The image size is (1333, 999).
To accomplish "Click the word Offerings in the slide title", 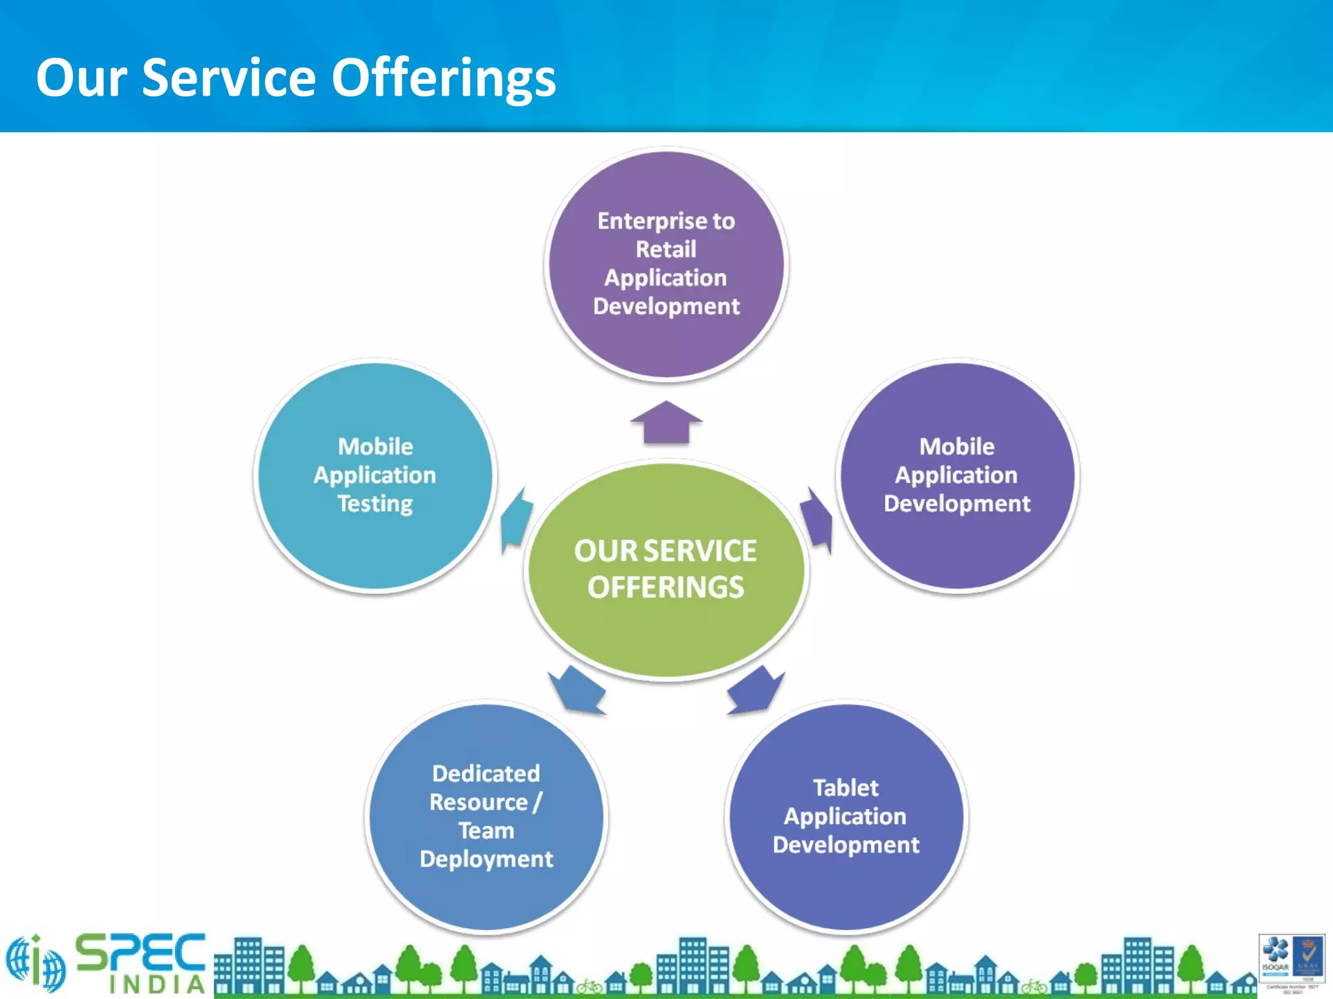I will pos(444,78).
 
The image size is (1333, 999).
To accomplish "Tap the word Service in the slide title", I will pos(228,78).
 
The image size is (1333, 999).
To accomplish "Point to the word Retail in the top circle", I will pos(666,249).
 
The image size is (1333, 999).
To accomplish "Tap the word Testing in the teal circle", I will pos(375,504).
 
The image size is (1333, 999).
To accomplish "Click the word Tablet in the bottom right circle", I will pos(845,788).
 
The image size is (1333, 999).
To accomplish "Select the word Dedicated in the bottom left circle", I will pos(486,773).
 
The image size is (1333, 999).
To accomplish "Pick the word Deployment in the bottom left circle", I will pos(486,859).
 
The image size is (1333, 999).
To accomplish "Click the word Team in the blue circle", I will pos(486,831).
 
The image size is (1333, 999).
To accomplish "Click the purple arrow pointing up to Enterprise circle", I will pos(666,423).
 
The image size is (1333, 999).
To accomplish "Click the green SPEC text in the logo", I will pos(141,953).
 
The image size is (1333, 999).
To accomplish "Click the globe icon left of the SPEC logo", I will pos(36,964).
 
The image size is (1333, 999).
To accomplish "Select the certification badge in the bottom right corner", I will pos(1291,959).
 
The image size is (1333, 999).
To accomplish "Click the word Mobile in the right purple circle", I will pos(957,447).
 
